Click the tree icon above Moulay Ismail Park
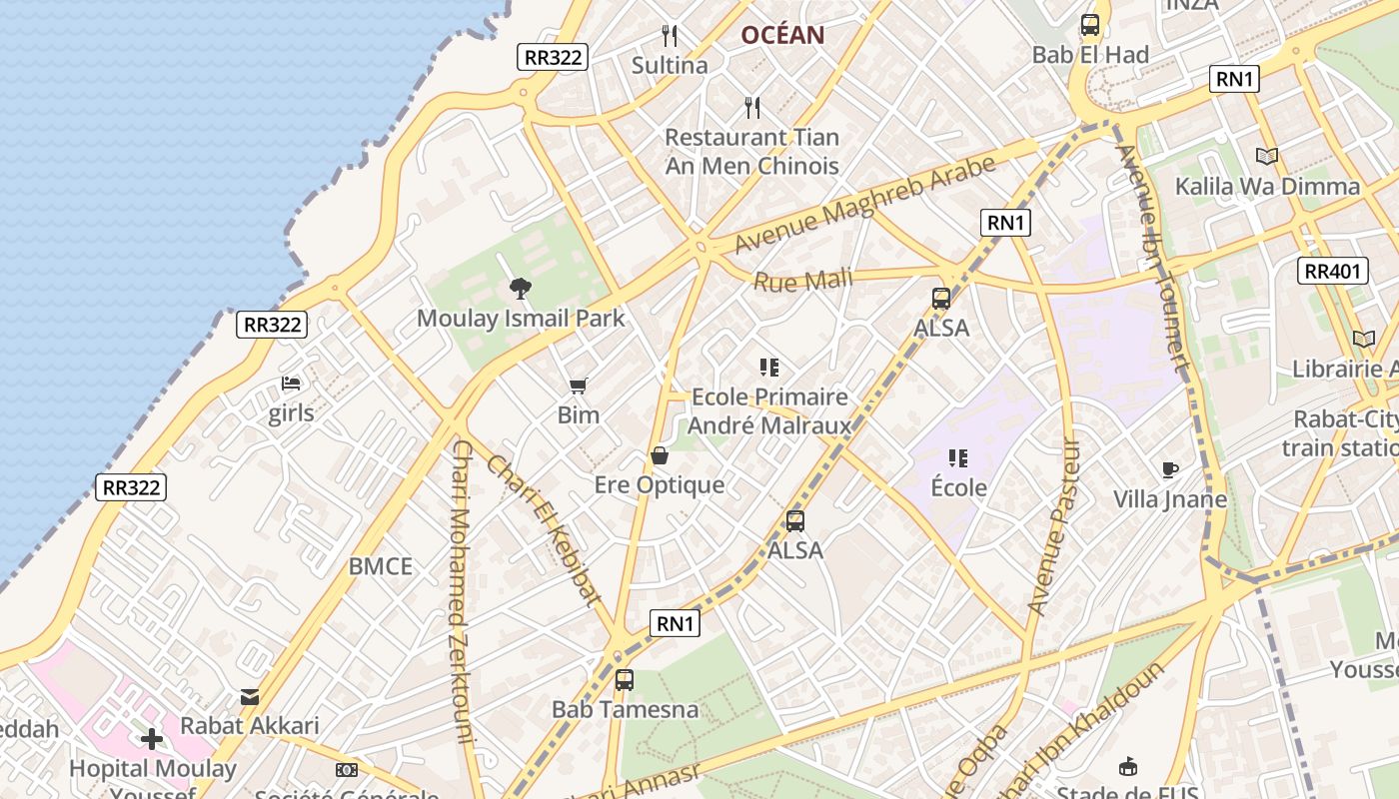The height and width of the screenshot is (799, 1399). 520,289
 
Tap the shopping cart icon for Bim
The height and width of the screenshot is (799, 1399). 578,387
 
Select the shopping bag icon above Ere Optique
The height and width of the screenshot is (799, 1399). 660,456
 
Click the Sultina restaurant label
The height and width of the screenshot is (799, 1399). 670,65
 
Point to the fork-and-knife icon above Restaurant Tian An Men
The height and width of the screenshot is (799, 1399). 752,107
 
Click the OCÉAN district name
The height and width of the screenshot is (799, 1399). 782,36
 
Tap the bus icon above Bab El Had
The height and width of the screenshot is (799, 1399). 1090,25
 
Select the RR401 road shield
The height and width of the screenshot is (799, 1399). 1333,271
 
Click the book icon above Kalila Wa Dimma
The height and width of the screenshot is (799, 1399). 1267,156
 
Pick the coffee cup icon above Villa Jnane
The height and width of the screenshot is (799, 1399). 1170,469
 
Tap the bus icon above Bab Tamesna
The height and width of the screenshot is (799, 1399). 625,680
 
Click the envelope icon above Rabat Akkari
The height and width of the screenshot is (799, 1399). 250,697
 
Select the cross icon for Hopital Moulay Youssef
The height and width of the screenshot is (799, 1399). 152,739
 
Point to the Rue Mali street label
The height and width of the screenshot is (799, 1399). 802,281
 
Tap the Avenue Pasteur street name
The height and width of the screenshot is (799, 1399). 1055,526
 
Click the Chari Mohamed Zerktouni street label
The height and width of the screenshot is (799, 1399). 461,591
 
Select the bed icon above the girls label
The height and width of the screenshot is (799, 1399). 291,384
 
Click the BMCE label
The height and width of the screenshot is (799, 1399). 381,566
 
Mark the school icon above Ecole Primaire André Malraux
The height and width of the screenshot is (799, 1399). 768,368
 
